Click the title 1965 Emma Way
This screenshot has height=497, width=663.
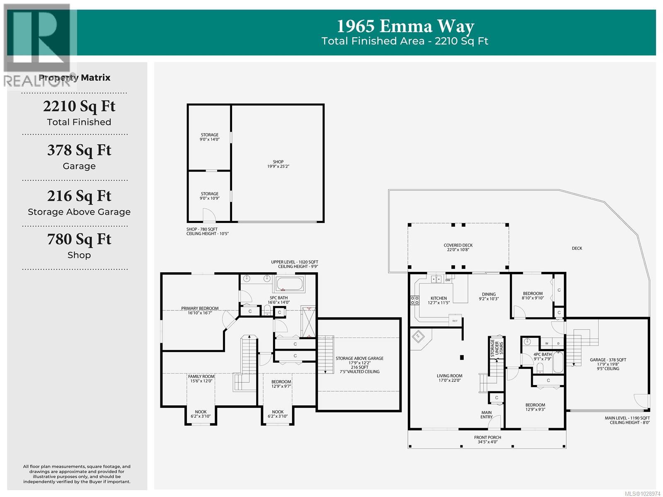coord(405,27)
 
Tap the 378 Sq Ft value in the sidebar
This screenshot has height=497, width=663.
coord(79,150)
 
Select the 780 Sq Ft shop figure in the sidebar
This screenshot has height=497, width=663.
coord(79,239)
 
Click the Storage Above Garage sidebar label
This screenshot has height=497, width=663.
coord(79,212)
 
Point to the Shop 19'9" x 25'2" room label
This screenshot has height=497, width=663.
coord(278,164)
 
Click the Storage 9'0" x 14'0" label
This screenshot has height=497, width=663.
coord(209,137)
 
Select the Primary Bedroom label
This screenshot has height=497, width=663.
coord(200,310)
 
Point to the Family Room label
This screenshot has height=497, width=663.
coord(201,378)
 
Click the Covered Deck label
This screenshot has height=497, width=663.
coord(458,247)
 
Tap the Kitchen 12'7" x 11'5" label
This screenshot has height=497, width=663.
coord(438,300)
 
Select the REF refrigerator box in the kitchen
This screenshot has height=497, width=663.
coord(455,321)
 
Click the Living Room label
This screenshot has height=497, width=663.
coord(449,378)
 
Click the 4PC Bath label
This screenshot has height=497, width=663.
coord(542,356)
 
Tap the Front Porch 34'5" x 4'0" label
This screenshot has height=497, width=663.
coord(487,439)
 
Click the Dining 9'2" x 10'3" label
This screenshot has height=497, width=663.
coord(489,296)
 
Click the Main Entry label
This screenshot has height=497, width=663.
coord(486,415)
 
